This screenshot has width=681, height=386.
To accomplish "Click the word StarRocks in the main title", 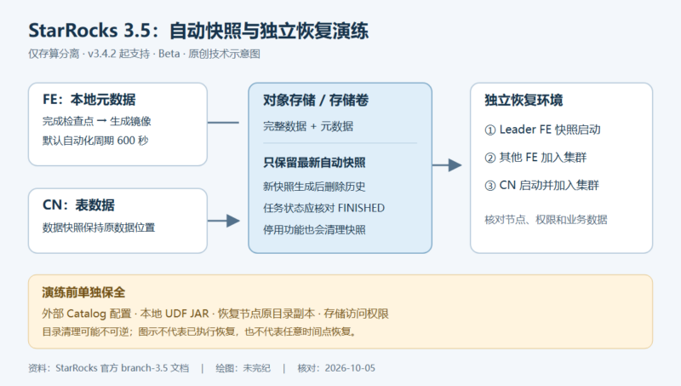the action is [x=73, y=31].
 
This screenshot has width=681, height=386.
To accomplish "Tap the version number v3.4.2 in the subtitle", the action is [x=101, y=54].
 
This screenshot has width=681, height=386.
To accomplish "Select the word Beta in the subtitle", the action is [x=169, y=54].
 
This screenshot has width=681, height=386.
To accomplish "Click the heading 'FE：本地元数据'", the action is [x=89, y=100].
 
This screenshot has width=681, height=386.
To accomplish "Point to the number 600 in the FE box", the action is [x=126, y=141].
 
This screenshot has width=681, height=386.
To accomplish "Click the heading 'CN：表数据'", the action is [x=78, y=205].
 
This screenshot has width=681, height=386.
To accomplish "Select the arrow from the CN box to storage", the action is [x=224, y=221].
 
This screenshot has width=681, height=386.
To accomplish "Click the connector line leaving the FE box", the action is [x=223, y=123].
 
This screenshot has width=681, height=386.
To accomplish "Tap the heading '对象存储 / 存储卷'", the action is [x=316, y=101].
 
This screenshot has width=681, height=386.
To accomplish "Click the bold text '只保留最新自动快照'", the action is [x=314, y=163].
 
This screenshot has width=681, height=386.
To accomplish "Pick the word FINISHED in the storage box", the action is [x=361, y=208].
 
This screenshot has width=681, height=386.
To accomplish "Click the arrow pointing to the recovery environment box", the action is [x=447, y=165].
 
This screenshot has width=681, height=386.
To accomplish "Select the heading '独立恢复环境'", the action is [x=524, y=101].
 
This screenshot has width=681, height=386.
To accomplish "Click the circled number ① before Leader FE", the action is [x=490, y=130].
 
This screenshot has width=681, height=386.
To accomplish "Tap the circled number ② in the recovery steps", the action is [x=490, y=158].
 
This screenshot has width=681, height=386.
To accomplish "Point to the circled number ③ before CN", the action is [x=490, y=186].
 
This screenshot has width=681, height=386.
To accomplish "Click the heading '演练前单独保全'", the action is [x=83, y=292].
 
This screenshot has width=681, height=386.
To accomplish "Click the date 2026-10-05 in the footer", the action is [x=350, y=368].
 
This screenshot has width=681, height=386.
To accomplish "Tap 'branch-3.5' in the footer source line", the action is [x=144, y=368].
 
